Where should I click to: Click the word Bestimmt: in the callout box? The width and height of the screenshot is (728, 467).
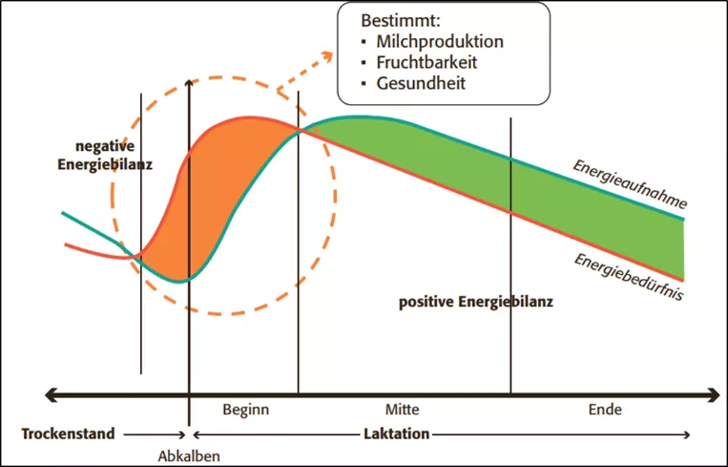[401, 20]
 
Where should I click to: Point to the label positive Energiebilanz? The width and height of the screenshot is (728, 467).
[477, 304]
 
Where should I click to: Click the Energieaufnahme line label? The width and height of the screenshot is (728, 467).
[631, 184]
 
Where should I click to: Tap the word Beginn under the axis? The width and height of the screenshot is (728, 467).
[245, 411]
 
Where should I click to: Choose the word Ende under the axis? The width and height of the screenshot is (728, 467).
[606, 411]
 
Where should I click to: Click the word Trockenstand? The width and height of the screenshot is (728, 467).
[68, 434]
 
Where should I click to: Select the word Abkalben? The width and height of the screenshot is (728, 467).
[189, 456]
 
